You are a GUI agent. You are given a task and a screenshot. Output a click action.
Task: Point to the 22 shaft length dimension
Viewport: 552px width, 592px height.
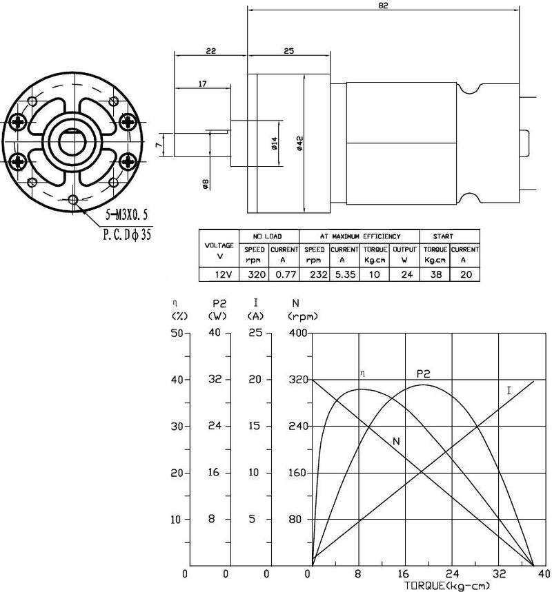(210, 51)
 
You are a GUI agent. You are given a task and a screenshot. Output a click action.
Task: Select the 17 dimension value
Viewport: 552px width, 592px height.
(202, 84)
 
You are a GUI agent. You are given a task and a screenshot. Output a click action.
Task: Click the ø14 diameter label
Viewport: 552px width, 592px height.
(274, 144)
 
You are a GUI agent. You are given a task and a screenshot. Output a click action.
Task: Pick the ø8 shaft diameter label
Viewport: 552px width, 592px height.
(206, 183)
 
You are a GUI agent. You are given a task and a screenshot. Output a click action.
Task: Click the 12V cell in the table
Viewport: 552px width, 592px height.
(219, 274)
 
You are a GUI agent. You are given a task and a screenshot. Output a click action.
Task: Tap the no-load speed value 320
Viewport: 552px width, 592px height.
(257, 274)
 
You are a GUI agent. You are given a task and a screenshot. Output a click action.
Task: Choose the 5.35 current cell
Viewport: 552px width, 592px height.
(344, 274)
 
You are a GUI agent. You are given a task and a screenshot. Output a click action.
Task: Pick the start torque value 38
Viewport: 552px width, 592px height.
(435, 274)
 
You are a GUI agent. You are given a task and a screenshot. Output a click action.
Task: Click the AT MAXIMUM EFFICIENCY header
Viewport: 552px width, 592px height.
(359, 236)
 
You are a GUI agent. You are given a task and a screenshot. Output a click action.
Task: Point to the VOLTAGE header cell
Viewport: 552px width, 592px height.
(219, 250)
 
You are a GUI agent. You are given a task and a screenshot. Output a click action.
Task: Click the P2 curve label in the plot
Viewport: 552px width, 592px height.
(423, 374)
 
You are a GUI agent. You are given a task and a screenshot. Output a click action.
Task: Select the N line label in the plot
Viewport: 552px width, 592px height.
(396, 441)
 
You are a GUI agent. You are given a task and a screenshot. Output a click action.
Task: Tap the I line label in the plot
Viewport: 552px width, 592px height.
(509, 391)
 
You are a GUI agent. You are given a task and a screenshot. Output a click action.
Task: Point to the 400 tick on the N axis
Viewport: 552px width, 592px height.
(297, 334)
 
